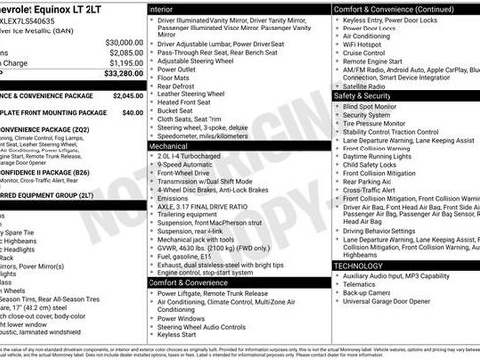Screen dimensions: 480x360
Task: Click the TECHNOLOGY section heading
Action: (x=358, y=266)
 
